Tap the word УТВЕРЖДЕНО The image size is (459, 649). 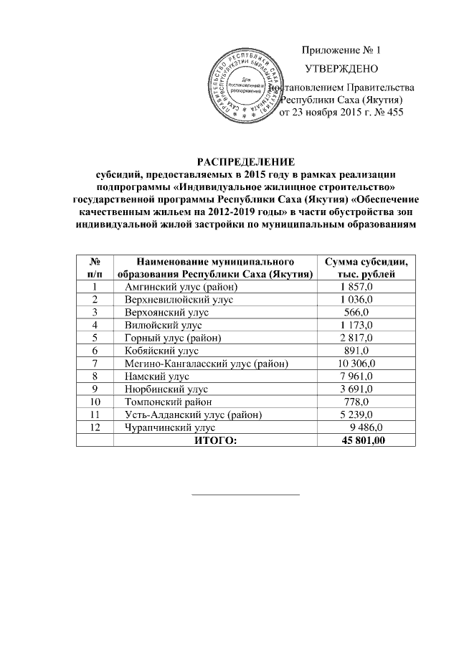point(342,70)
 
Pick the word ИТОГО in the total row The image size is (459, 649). point(214,440)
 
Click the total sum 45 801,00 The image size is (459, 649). point(365,440)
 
